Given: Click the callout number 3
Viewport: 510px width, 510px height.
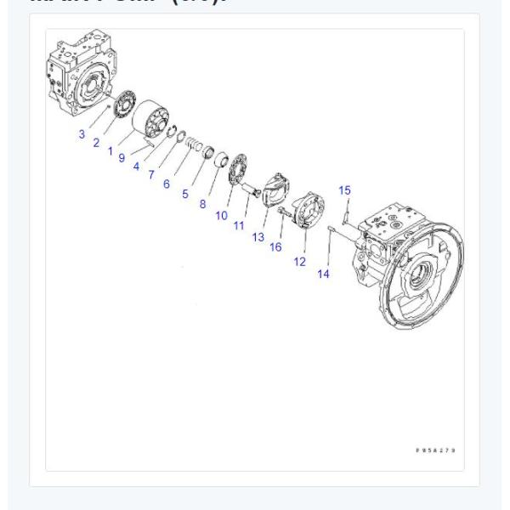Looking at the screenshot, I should tap(82, 134).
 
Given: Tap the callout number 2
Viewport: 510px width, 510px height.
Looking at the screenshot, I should tap(96, 143).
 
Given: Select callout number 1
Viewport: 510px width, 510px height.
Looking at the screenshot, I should tap(110, 150).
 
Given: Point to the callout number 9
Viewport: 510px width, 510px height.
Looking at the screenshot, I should tap(122, 157).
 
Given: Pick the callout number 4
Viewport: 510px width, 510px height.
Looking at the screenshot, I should tap(137, 166).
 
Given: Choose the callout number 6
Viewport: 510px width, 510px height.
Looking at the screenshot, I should tap(167, 183).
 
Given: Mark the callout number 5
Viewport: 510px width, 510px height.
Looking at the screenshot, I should tap(185, 194).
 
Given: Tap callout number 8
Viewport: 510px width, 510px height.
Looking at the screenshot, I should tap(202, 204).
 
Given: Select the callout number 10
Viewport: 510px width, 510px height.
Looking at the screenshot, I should tap(221, 216).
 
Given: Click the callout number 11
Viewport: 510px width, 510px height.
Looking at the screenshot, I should tap(240, 224).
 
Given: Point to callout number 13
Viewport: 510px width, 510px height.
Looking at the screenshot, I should tap(258, 237).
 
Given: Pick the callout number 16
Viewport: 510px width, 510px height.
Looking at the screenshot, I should tap(275, 246).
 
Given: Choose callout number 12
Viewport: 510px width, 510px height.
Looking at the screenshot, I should tap(299, 262).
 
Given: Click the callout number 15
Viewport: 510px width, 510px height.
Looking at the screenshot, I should tap(344, 190).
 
